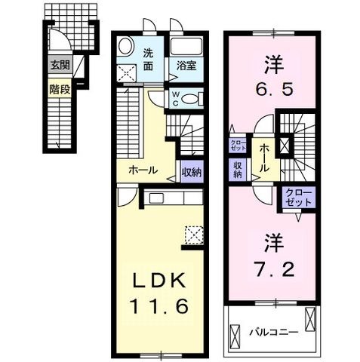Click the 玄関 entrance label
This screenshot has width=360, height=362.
pos(60,66)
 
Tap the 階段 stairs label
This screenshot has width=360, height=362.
pos(60,89)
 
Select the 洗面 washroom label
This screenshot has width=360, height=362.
pos(148,60)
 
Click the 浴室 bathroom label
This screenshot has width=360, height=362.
pos(186,66)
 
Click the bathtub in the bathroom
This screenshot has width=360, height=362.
pos(186,46)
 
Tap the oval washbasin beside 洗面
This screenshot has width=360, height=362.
pos(125,45)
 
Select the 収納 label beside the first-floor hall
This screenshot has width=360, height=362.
pos(192,172)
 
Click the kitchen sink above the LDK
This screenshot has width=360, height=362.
pos(157,198)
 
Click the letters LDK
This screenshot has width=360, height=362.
pos(159,280)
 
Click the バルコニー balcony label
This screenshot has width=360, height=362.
pos(273,333)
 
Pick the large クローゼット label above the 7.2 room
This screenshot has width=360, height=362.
pos(299,198)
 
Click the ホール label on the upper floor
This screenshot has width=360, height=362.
pos(263,158)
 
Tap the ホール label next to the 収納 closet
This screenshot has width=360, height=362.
pos(143,170)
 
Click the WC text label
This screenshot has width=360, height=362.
pos(176,99)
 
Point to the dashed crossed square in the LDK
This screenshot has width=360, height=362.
pos(194,235)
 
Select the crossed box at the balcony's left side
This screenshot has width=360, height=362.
pos(235,336)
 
